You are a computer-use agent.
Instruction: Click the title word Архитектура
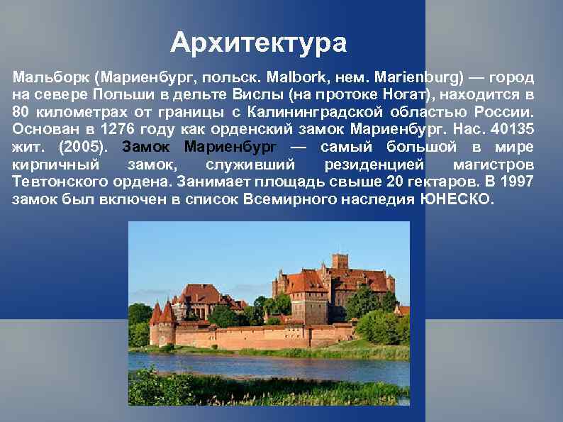tap(259, 43)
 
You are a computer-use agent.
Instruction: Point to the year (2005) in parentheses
tap(83, 148)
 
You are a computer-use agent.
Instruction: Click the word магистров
tap(496, 165)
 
